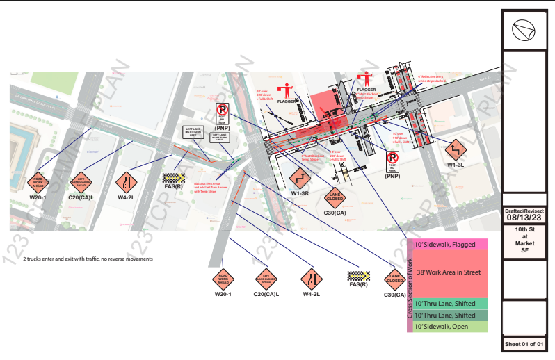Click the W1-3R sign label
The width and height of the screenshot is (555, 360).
(300, 193)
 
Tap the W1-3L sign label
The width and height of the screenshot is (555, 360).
(456, 165)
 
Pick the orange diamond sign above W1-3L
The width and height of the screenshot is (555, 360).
(456, 149)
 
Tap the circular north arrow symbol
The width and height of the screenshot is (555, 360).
(523, 29)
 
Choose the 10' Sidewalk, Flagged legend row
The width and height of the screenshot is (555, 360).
(450, 245)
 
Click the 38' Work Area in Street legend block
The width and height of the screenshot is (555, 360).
(450, 273)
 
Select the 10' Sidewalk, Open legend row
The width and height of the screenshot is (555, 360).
(450, 326)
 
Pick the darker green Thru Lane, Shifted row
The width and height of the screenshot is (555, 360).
(450, 315)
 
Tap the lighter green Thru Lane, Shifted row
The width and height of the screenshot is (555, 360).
(450, 304)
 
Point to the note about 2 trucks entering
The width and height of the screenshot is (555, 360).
(88, 259)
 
